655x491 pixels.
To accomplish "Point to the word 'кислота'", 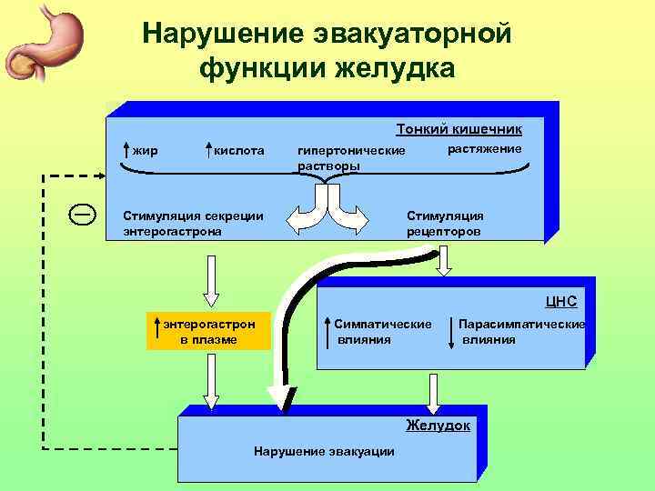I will [238, 149].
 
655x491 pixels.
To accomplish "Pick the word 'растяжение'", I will [485, 148].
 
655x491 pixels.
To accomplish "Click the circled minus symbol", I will [81, 215].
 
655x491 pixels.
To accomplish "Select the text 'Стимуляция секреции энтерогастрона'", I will [194, 224].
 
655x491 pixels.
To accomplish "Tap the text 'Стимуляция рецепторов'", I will [445, 224].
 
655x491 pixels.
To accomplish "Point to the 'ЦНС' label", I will [560, 301].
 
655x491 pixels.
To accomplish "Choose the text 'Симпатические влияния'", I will [382, 332].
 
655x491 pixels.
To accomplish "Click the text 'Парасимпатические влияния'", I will [521, 332].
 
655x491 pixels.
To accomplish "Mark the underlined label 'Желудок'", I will [438, 425].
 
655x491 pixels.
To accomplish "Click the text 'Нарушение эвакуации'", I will [324, 451].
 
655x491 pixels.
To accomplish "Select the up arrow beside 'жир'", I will [126, 149].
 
